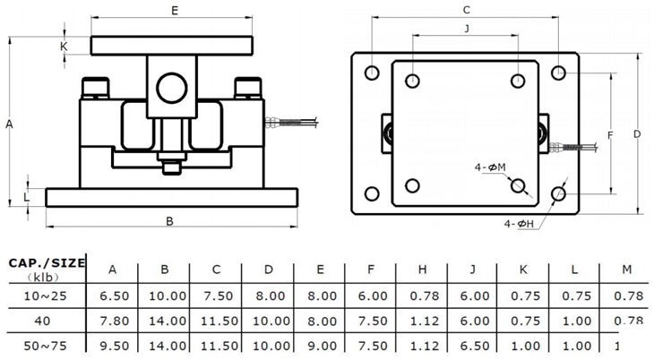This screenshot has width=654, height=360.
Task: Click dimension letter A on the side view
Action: point(9,124)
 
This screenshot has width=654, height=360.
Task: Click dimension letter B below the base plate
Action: point(169,220)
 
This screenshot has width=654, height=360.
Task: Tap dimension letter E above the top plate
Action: point(174,11)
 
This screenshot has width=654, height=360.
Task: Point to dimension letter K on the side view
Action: point(64,45)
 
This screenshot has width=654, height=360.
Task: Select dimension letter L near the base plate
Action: point(26,195)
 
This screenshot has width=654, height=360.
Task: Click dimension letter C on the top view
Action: point(466,10)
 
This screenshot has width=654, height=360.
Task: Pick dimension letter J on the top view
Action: point(467,30)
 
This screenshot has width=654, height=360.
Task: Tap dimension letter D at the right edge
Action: point(637,134)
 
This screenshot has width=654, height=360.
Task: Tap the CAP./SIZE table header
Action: point(47,262)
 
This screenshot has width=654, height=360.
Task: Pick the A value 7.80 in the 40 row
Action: point(112,320)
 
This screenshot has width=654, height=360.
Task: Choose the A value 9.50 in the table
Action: point(112,345)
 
